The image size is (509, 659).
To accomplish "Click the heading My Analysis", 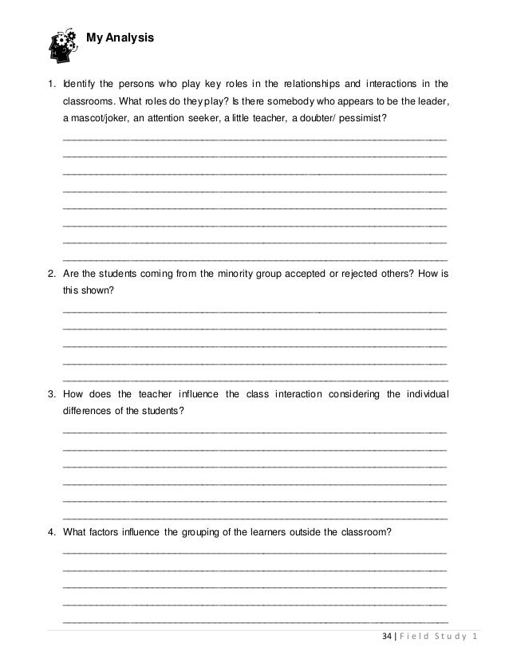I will pos(120,37).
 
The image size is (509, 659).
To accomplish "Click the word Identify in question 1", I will pos(81,82).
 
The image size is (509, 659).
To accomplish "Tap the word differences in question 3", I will pos(89,411).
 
